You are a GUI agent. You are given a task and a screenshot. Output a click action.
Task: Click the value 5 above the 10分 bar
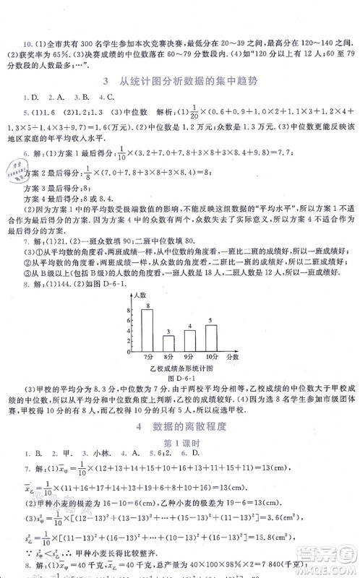(210, 321)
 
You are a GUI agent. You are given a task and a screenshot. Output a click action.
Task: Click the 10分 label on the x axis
(211, 357)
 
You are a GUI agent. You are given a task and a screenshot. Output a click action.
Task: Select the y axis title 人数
(142, 296)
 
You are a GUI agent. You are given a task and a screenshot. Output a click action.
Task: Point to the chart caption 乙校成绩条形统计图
(181, 368)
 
